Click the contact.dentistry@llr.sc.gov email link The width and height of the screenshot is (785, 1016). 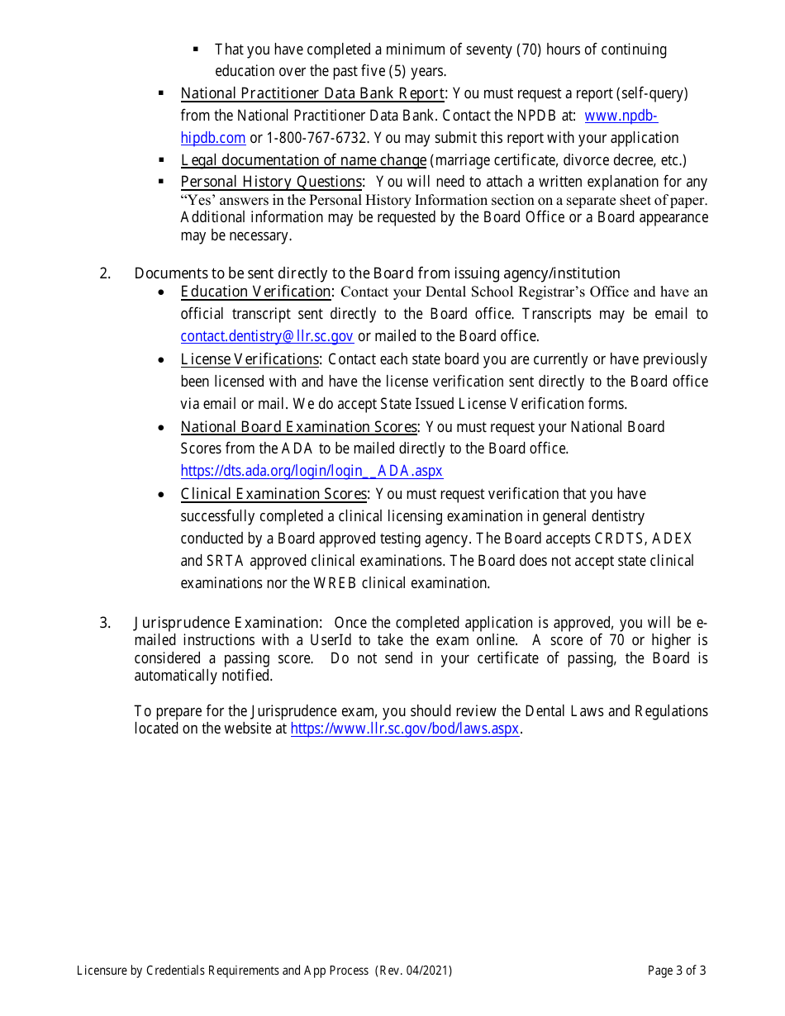[x=267, y=336]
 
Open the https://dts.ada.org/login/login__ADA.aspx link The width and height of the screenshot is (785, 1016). [x=312, y=471]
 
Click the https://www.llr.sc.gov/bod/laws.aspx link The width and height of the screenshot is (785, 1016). [x=405, y=729]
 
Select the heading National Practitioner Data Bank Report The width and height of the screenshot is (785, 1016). [x=312, y=93]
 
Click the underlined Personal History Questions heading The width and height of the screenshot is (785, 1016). [x=271, y=182]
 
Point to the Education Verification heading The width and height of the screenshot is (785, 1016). [x=256, y=292]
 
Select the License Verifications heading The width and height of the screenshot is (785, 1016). [x=250, y=359]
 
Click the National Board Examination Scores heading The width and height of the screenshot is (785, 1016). [x=298, y=427]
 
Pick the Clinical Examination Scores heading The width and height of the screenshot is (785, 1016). [x=274, y=494]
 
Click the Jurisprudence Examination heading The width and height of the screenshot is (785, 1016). [x=227, y=623]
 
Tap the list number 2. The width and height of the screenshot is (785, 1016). [x=105, y=273]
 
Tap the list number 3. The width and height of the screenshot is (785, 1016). [x=105, y=623]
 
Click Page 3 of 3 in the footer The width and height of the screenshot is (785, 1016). [x=677, y=971]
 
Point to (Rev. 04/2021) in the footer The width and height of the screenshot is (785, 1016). [x=413, y=971]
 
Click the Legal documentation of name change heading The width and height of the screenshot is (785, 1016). [x=303, y=160]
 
